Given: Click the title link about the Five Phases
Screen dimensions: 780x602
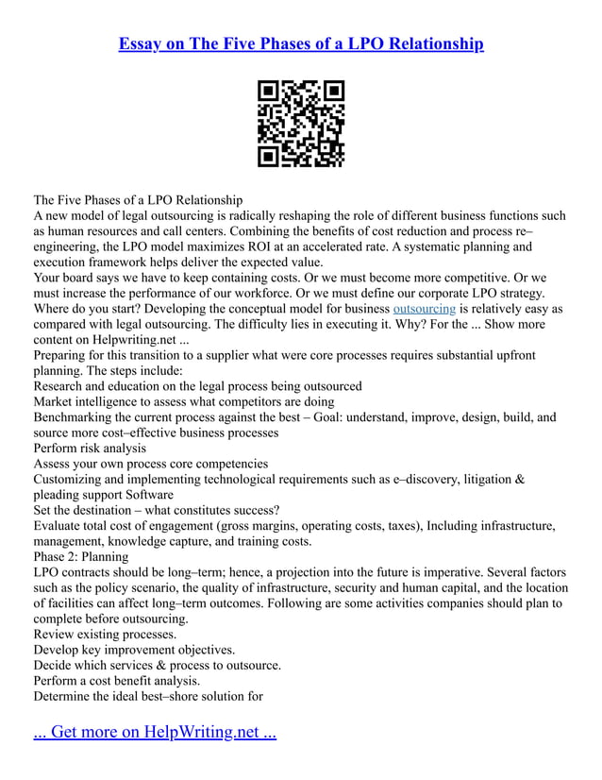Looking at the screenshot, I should click(301, 43).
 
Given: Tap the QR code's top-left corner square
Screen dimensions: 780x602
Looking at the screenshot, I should click(269, 92).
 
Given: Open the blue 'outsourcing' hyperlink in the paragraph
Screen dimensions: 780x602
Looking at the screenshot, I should click(424, 309).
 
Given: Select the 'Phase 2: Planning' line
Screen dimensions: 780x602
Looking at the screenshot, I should click(81, 557).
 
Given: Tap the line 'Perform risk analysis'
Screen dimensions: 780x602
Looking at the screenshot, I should click(91, 449).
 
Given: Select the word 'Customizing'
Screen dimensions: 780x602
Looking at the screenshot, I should click(71, 480).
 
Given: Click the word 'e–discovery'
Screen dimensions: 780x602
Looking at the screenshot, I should click(397, 480).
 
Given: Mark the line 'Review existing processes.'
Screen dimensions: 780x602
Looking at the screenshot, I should click(105, 635).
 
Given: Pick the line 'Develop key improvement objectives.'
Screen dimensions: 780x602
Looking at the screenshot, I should click(134, 650).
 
